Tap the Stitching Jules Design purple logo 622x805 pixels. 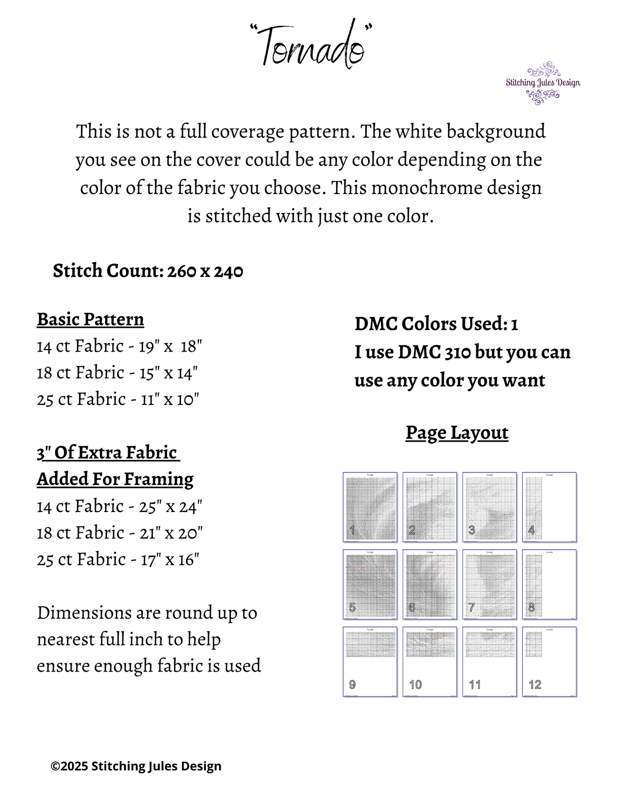pyautogui.click(x=543, y=83)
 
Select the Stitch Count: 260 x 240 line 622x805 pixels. pyautogui.click(x=148, y=271)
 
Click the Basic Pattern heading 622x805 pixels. pyautogui.click(x=90, y=320)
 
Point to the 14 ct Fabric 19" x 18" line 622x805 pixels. pyautogui.click(x=119, y=346)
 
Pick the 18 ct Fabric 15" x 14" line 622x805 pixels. pyautogui.click(x=117, y=373)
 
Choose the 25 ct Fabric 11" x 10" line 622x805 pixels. pyautogui.click(x=118, y=400)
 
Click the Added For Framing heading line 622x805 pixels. pyautogui.click(x=115, y=479)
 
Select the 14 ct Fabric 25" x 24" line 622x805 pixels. pyautogui.click(x=119, y=506)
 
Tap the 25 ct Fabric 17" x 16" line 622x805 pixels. pyautogui.click(x=118, y=560)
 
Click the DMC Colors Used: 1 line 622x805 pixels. pyautogui.click(x=436, y=324)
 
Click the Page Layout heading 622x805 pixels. pyautogui.click(x=457, y=433)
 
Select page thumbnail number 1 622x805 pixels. pyautogui.click(x=370, y=507)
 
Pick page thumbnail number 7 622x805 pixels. pyautogui.click(x=489, y=584)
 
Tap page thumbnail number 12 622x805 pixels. pyautogui.click(x=549, y=662)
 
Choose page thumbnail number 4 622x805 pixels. pyautogui.click(x=549, y=507)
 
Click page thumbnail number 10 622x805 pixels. pyautogui.click(x=430, y=662)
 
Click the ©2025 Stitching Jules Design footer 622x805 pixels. pyautogui.click(x=136, y=766)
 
